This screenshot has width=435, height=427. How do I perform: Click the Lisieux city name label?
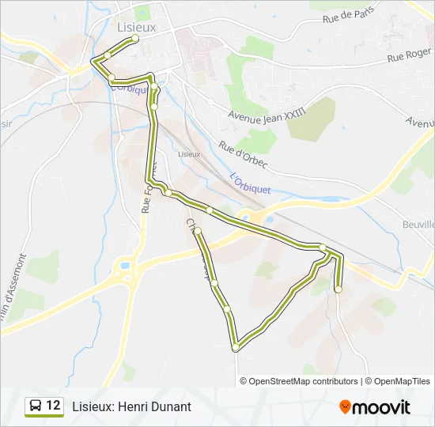pyautogui.click(x=137, y=26)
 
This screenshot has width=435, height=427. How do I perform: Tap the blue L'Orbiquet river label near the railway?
pyautogui.click(x=250, y=187)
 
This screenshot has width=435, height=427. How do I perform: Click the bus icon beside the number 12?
pyautogui.click(x=36, y=406)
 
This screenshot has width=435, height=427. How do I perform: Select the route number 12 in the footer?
pyautogui.click(x=53, y=406)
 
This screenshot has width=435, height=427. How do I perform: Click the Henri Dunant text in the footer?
pyautogui.click(x=131, y=406)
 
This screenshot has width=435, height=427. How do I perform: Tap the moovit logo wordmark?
pyautogui.click(x=381, y=407)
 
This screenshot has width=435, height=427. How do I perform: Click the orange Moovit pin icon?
pyautogui.click(x=345, y=407)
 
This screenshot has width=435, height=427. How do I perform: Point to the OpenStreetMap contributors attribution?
pyautogui.click(x=299, y=381)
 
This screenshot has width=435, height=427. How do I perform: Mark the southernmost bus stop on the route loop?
pyautogui.click(x=235, y=347)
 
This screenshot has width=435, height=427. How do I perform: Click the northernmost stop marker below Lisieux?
pyautogui.click(x=135, y=38)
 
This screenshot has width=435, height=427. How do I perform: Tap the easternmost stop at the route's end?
pyautogui.click(x=339, y=289)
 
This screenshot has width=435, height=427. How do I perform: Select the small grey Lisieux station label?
pyautogui.click(x=189, y=153)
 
